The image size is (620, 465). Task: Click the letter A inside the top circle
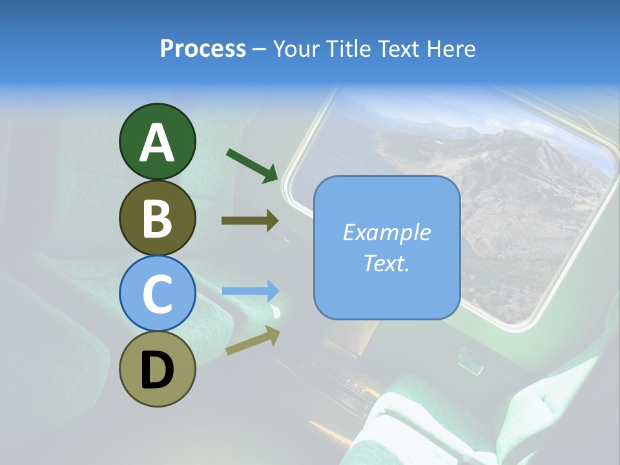coord(157,143)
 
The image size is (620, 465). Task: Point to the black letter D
coord(157,371)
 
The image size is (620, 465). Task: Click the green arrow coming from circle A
coord(253,165)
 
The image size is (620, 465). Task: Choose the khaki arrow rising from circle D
coord(253,340)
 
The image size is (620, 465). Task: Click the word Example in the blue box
coord(386,232)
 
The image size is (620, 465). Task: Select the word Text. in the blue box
coord(386,263)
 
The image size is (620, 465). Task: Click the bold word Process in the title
coord(203,48)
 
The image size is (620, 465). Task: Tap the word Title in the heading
coord(349,48)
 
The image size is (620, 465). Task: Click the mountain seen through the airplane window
coord(504,174)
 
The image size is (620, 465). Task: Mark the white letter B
coord(157,218)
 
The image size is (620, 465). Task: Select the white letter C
coord(157,294)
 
